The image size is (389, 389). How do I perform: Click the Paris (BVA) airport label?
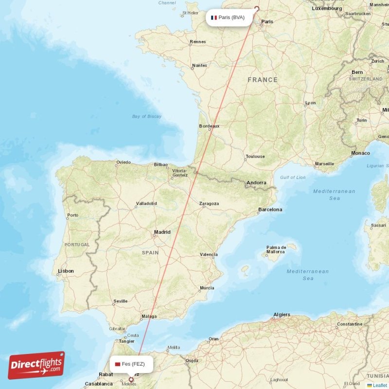tap(231, 18)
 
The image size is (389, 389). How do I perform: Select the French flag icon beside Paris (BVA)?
tap(213, 18)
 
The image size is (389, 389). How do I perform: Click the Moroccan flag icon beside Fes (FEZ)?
tap(117, 364)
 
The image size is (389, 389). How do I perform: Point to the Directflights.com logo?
tap(36, 365)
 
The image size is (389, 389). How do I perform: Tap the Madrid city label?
tap(162, 232)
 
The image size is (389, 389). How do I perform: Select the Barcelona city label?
tap(270, 210)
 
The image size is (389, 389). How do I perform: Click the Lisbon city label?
tap(66, 271)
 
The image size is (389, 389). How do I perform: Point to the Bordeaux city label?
tap(209, 126)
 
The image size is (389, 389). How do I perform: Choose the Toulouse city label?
tap(255, 157)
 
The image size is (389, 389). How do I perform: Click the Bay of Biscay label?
tap(147, 116)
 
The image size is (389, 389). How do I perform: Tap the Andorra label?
tap(256, 183)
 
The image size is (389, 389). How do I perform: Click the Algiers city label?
tap(282, 315)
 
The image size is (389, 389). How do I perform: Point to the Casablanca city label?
tap(99, 384)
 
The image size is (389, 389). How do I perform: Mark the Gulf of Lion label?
tap(293, 177)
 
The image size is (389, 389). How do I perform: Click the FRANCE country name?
tap(263, 80)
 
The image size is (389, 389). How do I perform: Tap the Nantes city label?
tap(199, 65)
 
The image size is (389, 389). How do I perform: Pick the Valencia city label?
tap(209, 254)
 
